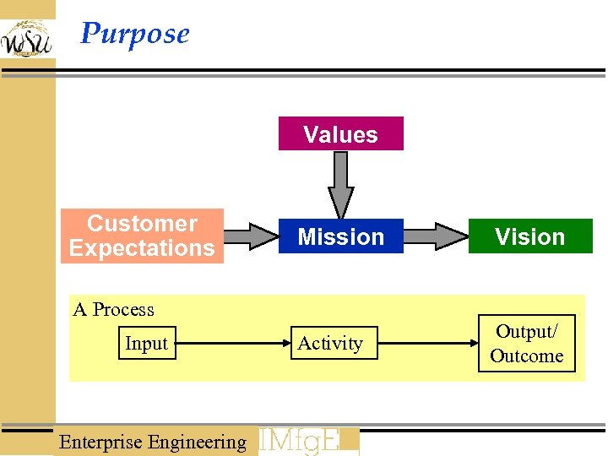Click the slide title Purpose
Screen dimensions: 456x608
[134, 34]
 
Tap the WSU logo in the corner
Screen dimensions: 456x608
[26, 39]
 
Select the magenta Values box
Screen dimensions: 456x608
[340, 134]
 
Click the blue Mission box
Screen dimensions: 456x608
[340, 236]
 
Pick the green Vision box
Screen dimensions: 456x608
[529, 236]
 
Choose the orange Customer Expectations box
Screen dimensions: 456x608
[142, 236]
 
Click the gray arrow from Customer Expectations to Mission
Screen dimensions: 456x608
[251, 236]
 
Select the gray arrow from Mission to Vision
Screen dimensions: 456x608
[437, 236]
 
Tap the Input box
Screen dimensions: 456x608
[147, 343]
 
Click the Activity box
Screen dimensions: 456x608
[330, 343]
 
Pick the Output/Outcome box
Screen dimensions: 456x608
[527, 344]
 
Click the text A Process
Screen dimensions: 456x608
[114, 310]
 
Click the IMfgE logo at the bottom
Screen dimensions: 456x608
[308, 441]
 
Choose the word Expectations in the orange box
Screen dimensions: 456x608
[142, 248]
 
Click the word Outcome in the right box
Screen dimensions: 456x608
[527, 356]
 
